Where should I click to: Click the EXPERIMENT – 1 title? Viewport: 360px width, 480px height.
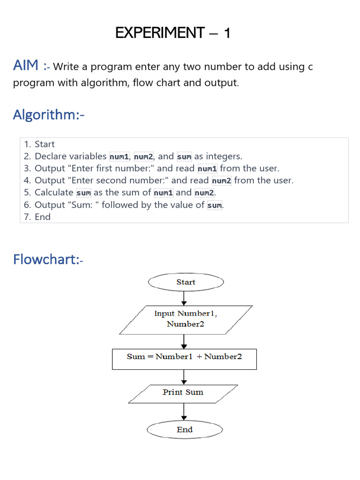(x=172, y=33)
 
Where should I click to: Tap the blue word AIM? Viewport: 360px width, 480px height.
(x=26, y=65)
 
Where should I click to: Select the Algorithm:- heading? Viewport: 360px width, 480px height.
(x=49, y=115)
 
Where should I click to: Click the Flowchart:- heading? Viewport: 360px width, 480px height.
(x=48, y=259)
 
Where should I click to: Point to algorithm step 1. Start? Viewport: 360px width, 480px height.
(x=39, y=144)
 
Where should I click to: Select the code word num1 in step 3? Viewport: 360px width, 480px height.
(x=207, y=168)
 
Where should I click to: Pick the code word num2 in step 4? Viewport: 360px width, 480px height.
(x=222, y=180)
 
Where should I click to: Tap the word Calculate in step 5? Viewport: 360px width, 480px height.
(x=54, y=193)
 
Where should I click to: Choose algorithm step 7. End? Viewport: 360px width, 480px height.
(x=37, y=217)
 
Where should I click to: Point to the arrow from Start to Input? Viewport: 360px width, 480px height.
(x=184, y=299)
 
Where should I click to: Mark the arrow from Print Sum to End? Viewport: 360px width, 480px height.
(x=184, y=412)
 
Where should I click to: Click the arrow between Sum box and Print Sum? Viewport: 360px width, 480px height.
(x=184, y=377)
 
